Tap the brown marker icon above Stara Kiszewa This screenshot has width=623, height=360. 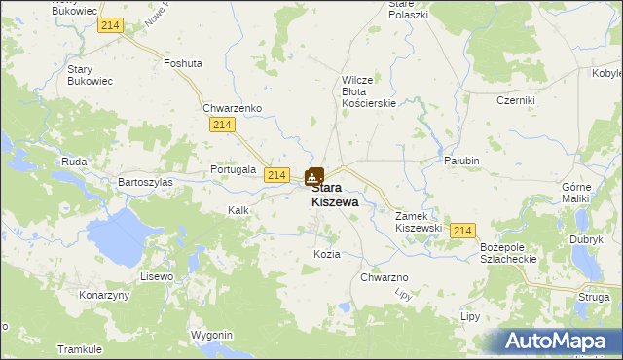click(314, 176)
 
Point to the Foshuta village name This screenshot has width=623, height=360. click(183, 63)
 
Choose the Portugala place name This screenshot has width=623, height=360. click(233, 169)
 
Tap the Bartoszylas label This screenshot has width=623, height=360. click(145, 182)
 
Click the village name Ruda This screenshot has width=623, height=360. click(74, 162)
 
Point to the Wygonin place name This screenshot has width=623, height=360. click(212, 335)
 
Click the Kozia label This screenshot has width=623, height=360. click(326, 254)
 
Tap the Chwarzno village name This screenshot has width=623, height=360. click(384, 277)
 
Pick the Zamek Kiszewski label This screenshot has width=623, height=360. click(419, 222)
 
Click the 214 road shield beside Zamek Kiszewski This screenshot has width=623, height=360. click(463, 231)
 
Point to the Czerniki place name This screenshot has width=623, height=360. click(516, 100)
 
